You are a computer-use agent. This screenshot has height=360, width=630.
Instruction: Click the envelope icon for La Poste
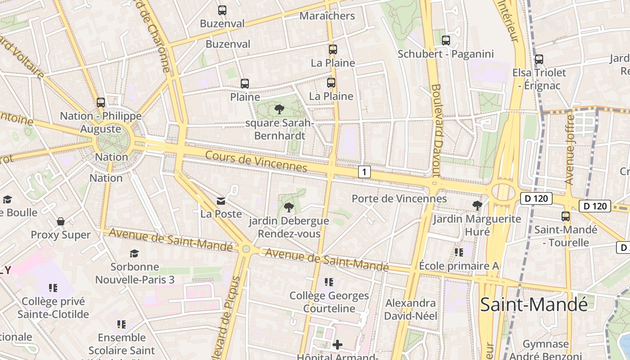[221, 201]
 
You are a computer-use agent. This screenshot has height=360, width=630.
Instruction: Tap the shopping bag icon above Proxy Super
[61, 221]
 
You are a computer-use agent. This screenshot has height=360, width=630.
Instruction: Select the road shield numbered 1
[364, 171]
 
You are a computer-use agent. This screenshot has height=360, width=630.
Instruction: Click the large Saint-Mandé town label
[534, 305]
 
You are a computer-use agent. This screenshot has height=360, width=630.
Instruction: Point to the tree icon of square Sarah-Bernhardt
[279, 109]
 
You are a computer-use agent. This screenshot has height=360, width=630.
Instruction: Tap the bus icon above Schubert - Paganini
[446, 40]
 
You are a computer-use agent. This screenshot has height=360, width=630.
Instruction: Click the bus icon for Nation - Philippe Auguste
[101, 102]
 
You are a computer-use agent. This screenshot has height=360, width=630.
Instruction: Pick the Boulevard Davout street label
[436, 130]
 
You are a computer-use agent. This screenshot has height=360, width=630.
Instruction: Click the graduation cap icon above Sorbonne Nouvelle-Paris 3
[135, 253]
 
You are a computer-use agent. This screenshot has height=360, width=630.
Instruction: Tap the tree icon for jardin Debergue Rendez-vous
[289, 207]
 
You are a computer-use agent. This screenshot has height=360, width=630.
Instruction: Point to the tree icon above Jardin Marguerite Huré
[477, 206]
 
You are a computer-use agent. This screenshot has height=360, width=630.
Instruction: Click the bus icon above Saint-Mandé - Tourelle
[566, 216]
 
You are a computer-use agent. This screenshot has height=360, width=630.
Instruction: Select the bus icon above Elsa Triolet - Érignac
[539, 59]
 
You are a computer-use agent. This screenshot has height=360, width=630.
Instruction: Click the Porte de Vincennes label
[399, 198]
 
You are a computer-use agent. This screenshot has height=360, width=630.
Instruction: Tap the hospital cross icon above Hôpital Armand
[337, 345]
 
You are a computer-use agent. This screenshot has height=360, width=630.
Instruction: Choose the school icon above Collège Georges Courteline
[329, 282]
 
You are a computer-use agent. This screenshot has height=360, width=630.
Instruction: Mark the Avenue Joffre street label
[570, 150]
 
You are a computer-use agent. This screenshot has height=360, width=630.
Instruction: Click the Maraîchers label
[327, 16]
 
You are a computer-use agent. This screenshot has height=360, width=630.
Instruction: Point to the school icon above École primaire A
[459, 252]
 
